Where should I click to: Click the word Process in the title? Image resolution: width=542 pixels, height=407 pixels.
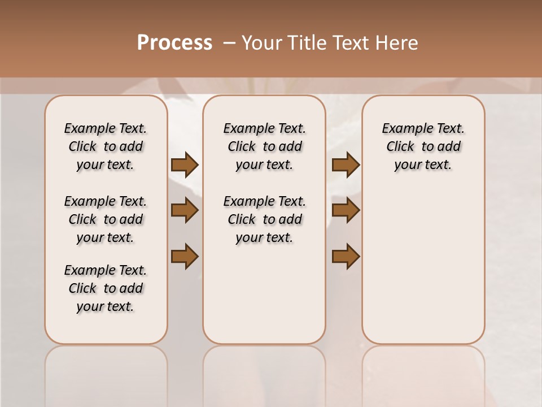[x=174, y=43]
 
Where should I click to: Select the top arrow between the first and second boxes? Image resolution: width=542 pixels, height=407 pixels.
[x=185, y=164]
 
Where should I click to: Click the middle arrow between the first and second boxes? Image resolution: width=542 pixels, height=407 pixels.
[x=185, y=211]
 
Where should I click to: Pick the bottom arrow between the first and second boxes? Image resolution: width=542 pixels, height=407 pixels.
[x=185, y=256]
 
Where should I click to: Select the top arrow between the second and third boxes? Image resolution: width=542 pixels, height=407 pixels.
[x=346, y=164]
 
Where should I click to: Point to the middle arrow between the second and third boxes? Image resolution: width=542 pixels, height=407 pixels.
[x=346, y=211]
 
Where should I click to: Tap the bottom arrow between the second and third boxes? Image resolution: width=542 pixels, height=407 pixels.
[x=346, y=256]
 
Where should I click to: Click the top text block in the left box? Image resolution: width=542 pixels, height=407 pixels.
[x=106, y=146]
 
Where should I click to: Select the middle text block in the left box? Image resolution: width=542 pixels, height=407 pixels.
[x=106, y=219]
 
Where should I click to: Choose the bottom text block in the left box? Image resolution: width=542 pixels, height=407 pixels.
[x=106, y=288]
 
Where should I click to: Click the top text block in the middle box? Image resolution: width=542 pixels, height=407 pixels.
[x=265, y=146]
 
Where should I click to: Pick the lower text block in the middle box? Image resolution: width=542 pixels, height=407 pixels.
[x=265, y=219]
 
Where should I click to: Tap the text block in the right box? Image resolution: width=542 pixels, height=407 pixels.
[x=423, y=146]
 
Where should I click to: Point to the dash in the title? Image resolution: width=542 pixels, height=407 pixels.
[x=229, y=43]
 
